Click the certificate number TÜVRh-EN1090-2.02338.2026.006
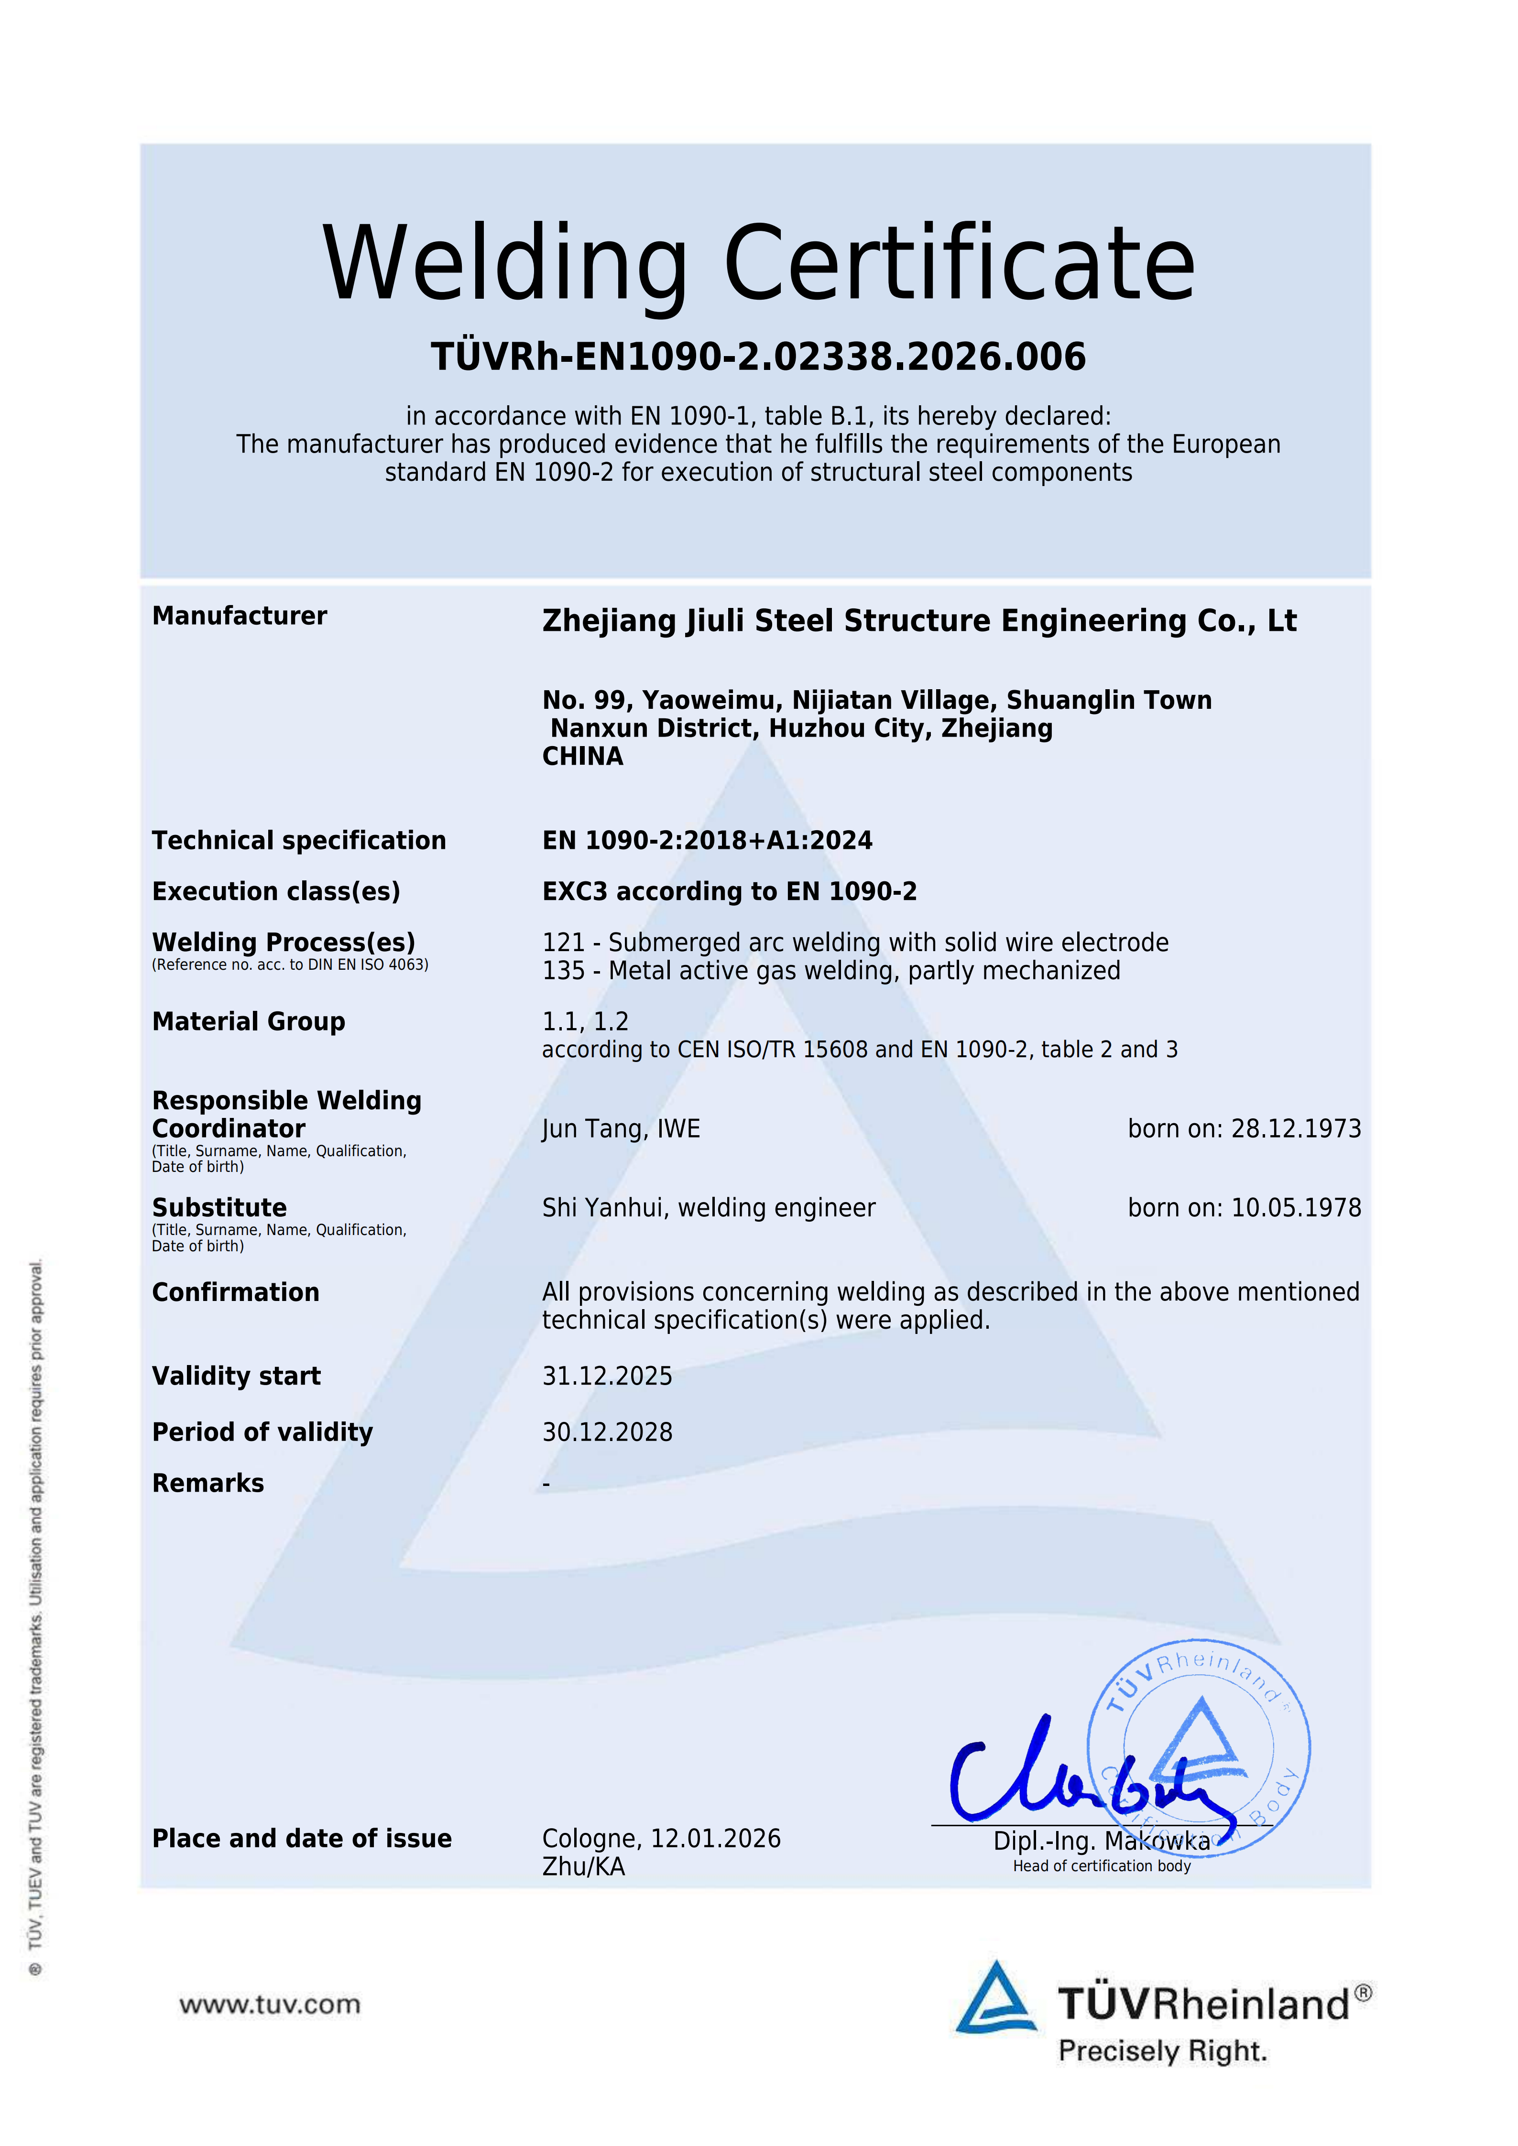(x=758, y=357)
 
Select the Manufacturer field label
(x=239, y=616)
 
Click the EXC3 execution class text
(x=577, y=892)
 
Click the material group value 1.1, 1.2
(x=585, y=1021)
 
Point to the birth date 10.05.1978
(x=1296, y=1209)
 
